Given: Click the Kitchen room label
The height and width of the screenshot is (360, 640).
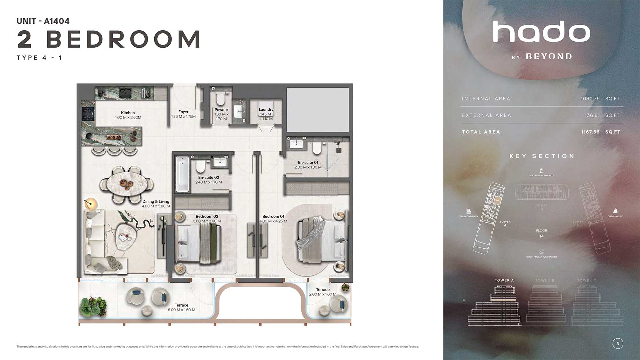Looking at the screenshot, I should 128,113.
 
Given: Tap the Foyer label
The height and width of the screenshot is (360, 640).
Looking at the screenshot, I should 183,112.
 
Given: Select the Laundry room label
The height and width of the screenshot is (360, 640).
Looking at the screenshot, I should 266,109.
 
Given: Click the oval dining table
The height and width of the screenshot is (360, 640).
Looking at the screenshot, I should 126,184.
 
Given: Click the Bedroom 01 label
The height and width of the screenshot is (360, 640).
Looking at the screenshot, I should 273,216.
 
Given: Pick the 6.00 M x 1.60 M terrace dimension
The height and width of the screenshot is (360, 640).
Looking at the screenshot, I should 181,310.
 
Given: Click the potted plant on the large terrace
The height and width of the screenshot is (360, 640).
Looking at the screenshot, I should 93,306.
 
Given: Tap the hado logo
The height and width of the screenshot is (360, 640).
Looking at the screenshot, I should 541,32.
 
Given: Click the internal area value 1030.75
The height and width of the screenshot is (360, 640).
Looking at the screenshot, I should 590,99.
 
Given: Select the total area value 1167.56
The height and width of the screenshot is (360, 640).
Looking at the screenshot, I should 590,132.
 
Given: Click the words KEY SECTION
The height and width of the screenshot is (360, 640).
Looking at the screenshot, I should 542,156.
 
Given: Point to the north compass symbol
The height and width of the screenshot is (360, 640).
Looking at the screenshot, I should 618,343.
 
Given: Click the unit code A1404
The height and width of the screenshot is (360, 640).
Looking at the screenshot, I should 57,21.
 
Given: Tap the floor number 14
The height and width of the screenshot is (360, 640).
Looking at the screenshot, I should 541,236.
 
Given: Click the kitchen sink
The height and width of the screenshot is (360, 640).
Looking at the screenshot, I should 125,93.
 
